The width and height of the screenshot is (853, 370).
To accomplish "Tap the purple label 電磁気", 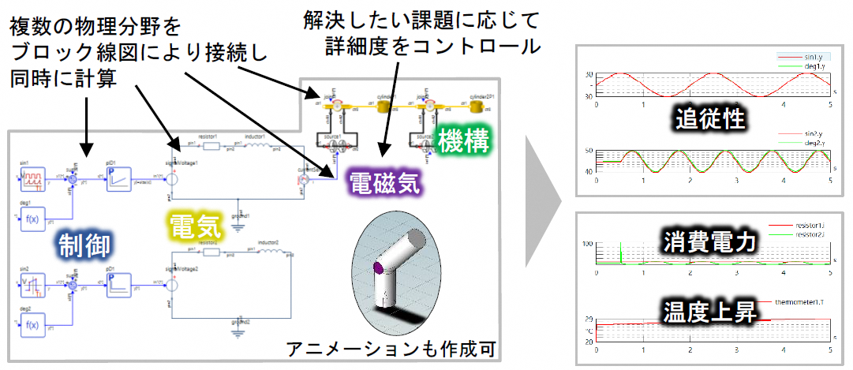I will pos(385,185).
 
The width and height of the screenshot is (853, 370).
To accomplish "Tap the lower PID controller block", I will pos(121,281).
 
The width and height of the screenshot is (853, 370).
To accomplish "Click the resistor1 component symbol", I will pos(209,145).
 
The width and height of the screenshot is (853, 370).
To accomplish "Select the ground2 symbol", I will pos(239,331).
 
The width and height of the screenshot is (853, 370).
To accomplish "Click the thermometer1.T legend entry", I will pos(802,301).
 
